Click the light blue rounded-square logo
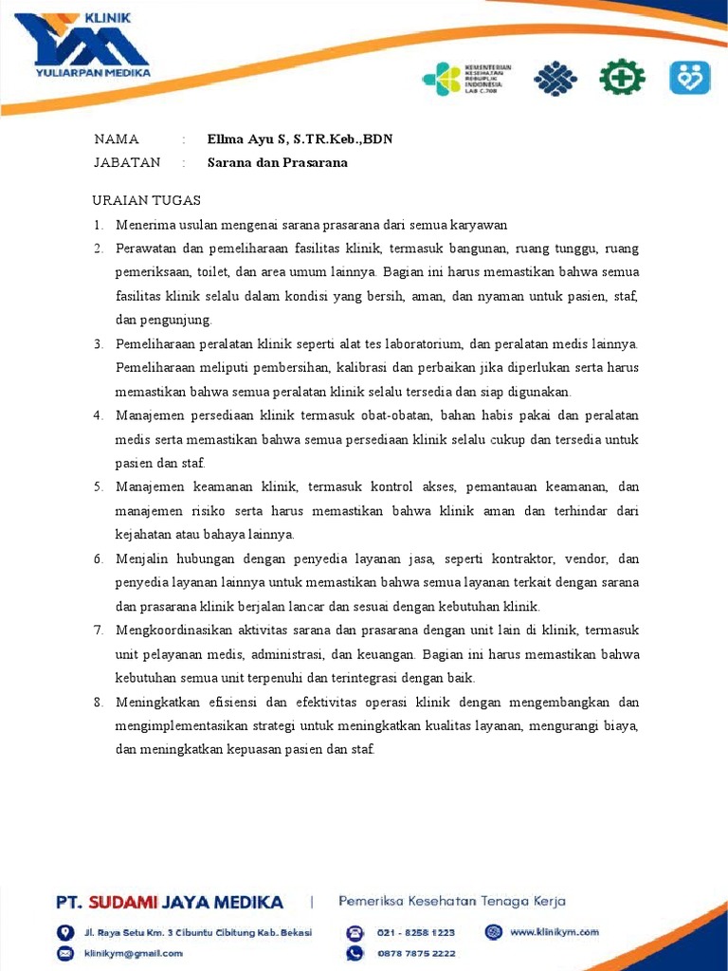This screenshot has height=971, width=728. pos(689,77)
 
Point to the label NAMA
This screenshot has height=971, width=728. pos(117,139)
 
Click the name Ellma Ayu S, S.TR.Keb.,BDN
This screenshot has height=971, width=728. pos(300,139)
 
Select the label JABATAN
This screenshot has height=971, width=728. pos(127,162)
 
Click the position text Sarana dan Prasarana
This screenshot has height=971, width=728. pos(278,162)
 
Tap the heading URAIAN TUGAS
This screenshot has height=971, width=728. pos(146,200)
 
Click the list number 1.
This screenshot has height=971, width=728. pos(98,225)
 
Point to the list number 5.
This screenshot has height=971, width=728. pos(98,486)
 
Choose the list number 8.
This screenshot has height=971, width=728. pos(98,702)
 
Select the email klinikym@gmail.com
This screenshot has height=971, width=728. pos(134,953)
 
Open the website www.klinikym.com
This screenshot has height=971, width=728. pos(555,932)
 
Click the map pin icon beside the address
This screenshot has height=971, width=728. pos(65,932)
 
